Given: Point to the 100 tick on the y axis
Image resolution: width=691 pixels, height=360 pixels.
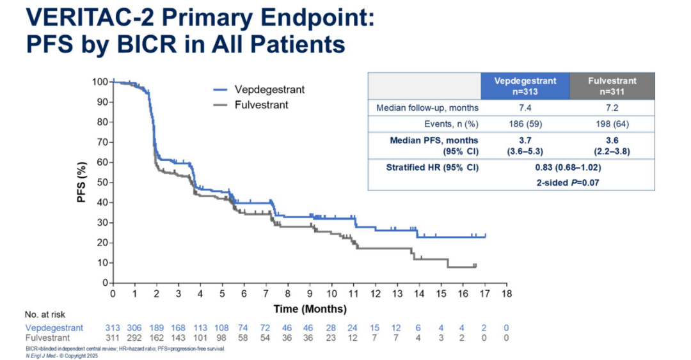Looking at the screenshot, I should coord(99,82).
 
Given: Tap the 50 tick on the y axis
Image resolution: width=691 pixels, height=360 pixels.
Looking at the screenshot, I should coord(101,182).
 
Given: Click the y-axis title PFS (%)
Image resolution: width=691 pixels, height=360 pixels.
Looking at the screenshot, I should coord(82,182).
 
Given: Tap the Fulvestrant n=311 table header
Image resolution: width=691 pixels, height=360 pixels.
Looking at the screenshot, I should coord(612,86).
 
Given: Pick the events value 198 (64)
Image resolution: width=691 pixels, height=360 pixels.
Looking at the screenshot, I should coord(612,123).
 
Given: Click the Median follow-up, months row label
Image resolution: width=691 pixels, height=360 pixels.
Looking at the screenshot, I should coord(427,107).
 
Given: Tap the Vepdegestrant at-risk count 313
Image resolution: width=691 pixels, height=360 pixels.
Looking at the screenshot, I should coord(113,327).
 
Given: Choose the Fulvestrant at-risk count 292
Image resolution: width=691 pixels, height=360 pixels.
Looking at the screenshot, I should coord(134,337).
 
